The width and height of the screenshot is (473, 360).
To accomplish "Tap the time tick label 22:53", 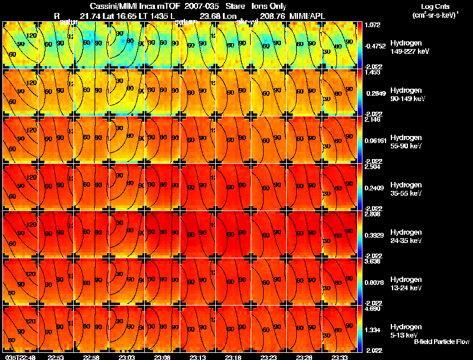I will pos(56,356).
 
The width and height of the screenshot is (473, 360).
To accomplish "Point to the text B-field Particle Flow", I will pos(442,342).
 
